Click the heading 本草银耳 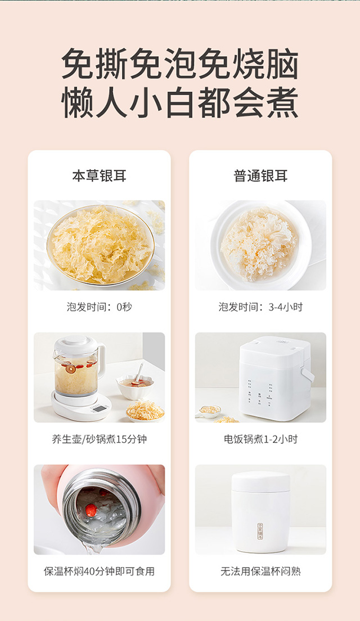99,176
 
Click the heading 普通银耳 260,176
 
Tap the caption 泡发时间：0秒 99,307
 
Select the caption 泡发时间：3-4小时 260,307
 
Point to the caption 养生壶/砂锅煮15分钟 99,439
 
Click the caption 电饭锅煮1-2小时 260,439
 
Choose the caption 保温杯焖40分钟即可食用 99,571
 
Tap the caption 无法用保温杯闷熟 260,571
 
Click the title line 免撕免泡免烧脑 180,64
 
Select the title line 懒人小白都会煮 180,102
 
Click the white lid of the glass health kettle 75,345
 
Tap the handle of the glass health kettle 101,361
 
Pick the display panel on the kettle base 99,409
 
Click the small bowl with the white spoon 135,384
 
